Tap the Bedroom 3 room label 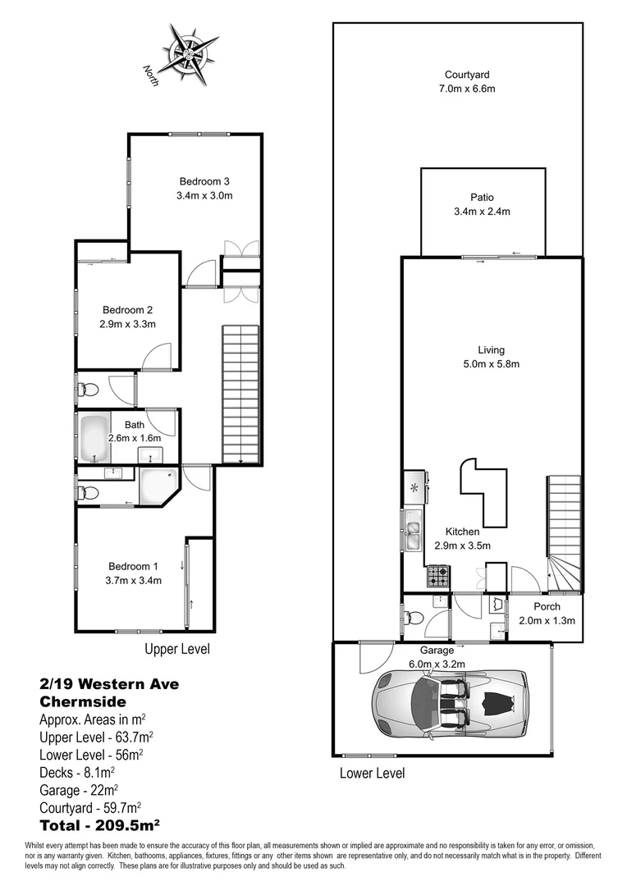[x=204, y=181]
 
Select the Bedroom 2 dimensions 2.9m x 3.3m [x=128, y=324]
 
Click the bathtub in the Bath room [x=95, y=441]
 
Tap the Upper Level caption [x=177, y=649]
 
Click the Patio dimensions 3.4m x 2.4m [x=483, y=211]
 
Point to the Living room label [x=491, y=349]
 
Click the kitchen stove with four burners [x=437, y=578]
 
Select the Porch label [x=546, y=606]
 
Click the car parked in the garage [x=450, y=704]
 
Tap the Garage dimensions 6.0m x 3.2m [x=437, y=664]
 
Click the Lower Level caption [x=372, y=773]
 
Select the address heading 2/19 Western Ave [x=109, y=683]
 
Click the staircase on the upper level [x=241, y=394]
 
